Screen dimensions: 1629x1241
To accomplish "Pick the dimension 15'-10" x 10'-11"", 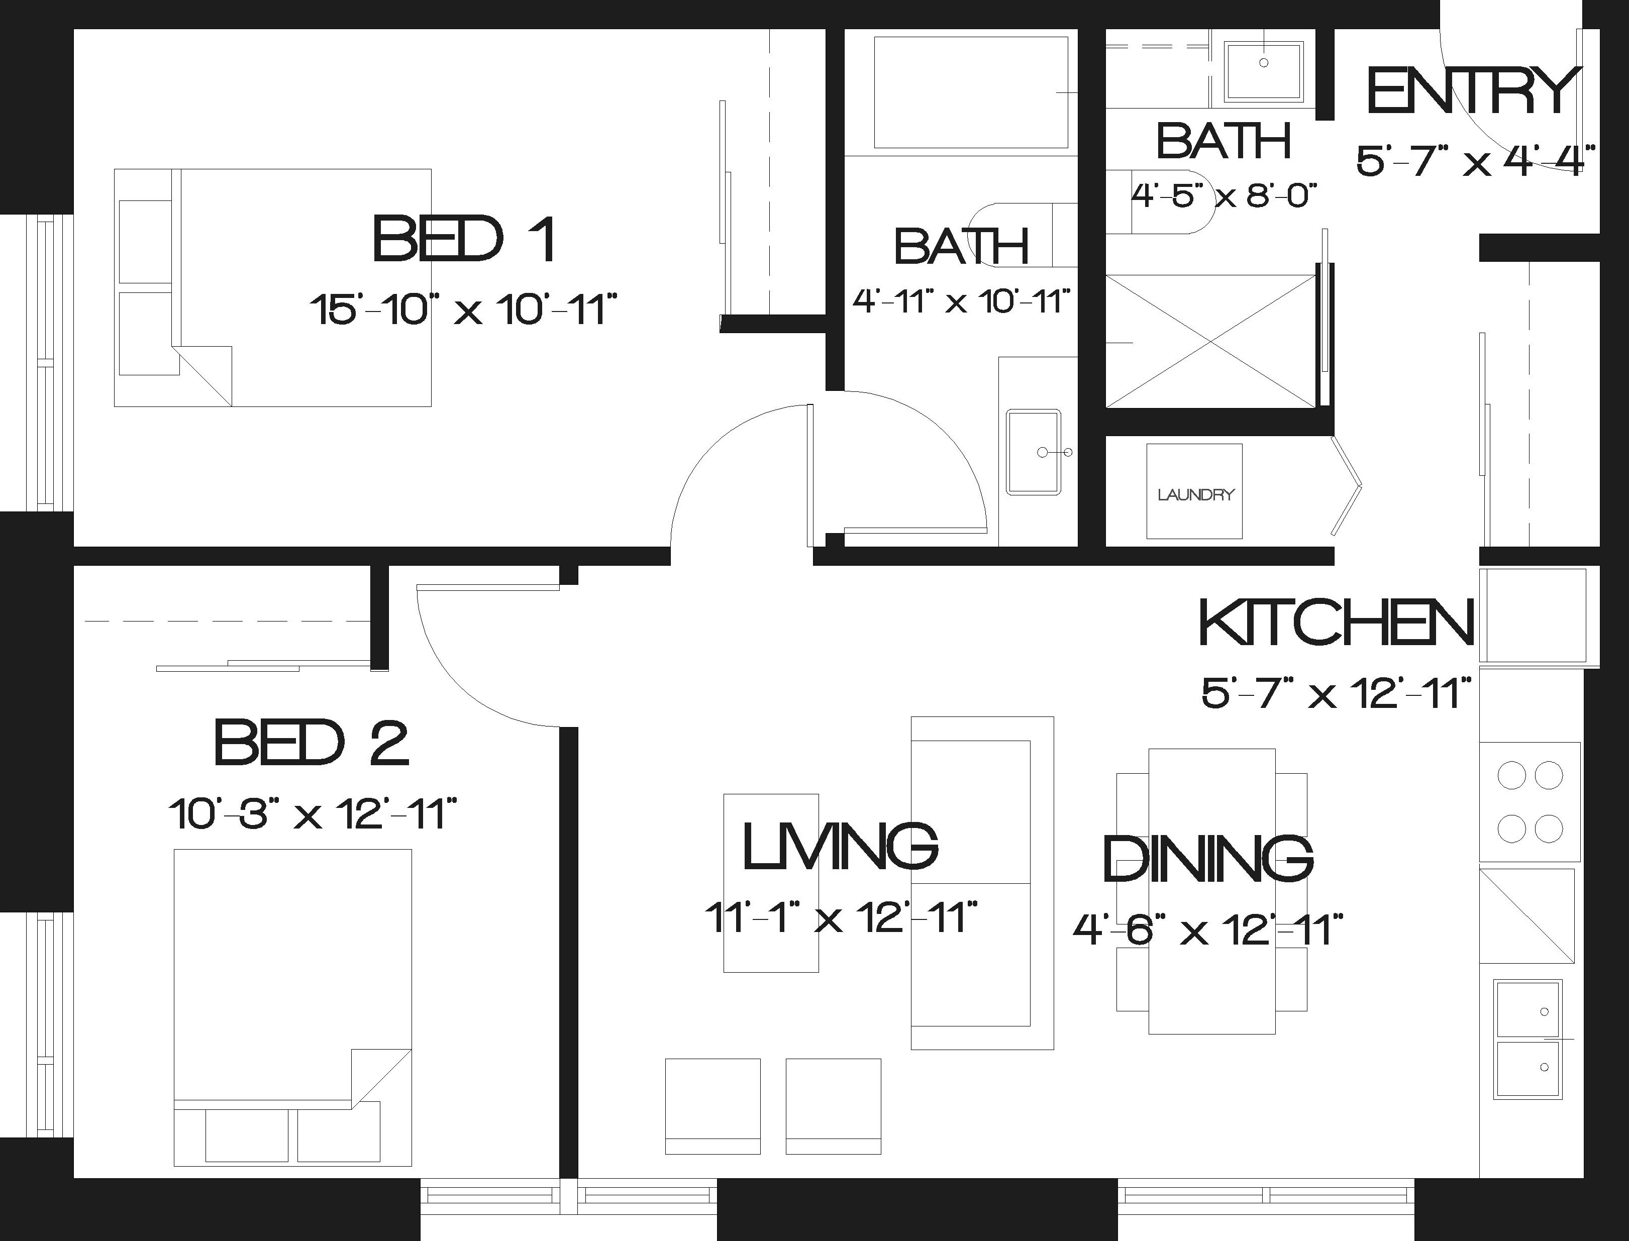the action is click(463, 309).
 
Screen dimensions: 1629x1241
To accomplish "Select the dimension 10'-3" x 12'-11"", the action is click(313, 813).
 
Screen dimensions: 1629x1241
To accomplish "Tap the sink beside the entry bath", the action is click(1263, 71).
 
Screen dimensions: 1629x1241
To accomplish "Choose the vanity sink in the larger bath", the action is click(1034, 452).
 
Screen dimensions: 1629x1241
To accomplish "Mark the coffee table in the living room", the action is click(771, 883).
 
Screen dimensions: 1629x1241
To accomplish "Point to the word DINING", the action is click(1208, 859).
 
